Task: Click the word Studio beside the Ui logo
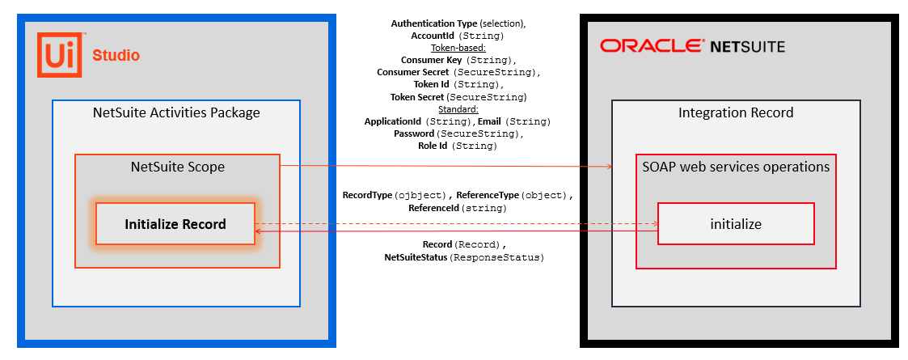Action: (x=116, y=56)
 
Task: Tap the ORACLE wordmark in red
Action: (x=651, y=45)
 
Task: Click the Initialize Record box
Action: (x=175, y=224)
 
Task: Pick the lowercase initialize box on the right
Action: (x=735, y=224)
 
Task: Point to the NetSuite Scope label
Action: (x=177, y=167)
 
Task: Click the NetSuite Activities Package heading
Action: (x=176, y=112)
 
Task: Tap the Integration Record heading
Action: (x=736, y=112)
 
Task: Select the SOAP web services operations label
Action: (x=736, y=167)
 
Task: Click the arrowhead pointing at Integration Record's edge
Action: (x=607, y=167)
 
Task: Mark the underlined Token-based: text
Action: (x=458, y=48)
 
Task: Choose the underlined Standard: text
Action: (x=458, y=109)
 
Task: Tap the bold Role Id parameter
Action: (x=433, y=146)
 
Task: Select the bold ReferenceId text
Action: (x=434, y=208)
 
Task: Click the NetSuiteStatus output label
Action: (x=416, y=257)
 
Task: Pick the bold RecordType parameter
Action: (x=368, y=195)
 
